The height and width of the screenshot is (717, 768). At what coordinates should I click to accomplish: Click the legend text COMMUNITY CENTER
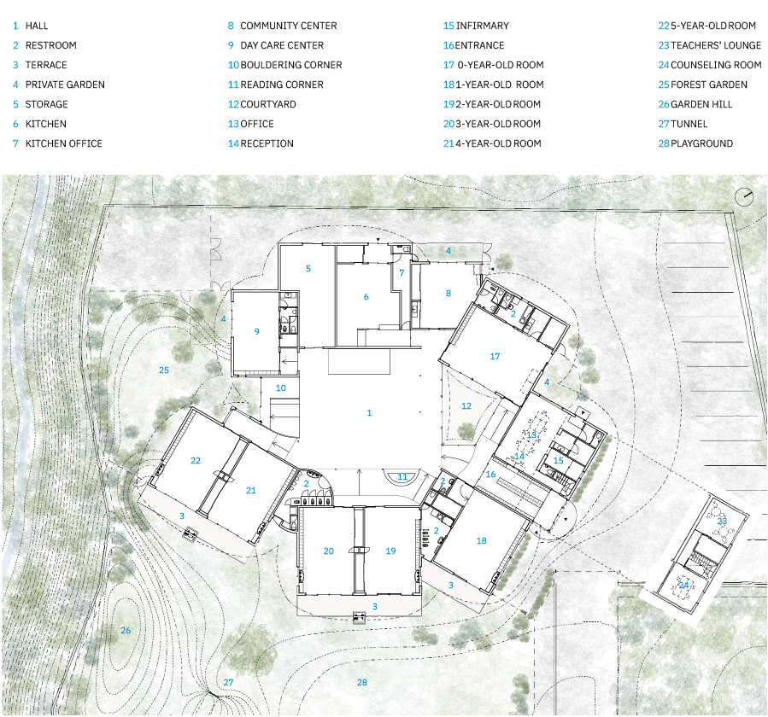point(289,26)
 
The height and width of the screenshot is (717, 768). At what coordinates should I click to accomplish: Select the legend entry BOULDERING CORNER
point(291,65)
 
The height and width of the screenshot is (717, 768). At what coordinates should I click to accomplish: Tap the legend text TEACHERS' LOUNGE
point(716,45)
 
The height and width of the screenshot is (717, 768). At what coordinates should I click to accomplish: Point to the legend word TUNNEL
point(689,124)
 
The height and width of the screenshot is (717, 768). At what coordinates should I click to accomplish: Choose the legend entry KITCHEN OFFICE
point(64,143)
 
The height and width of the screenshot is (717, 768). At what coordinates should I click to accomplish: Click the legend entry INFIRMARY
point(483,26)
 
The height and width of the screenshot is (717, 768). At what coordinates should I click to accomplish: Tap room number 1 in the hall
point(369,413)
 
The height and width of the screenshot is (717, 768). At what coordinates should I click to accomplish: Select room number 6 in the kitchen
point(366,296)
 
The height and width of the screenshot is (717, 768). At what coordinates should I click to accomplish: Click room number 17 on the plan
point(495,356)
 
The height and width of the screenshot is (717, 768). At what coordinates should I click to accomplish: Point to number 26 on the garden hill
point(126,631)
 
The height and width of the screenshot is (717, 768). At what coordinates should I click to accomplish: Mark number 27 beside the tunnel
point(228,682)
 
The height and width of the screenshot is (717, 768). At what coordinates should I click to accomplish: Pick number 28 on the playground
point(362,682)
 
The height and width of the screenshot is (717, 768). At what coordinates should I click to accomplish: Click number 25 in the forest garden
point(164,370)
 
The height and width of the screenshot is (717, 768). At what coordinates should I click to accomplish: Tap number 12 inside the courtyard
point(466,405)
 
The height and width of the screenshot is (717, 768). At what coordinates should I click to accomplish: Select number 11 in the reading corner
point(402,476)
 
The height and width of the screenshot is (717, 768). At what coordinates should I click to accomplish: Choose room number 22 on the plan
point(196,461)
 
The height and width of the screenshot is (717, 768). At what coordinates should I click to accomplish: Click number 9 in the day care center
point(256,331)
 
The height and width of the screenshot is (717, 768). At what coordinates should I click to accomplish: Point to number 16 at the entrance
point(490,474)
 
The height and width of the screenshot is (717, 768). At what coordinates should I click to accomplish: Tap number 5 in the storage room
point(308,268)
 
